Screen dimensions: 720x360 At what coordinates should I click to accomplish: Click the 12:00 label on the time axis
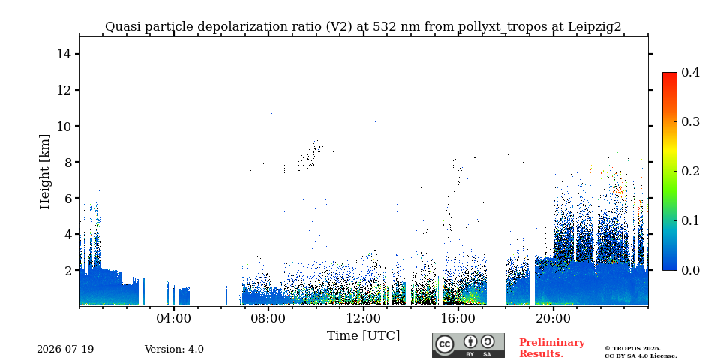363,318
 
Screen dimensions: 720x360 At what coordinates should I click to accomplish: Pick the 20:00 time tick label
553,318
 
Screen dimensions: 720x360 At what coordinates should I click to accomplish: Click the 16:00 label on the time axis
457,318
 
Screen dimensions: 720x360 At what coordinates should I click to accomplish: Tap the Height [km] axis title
44,172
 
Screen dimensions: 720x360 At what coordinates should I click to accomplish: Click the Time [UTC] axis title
363,336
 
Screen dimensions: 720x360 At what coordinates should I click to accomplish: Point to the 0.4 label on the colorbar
690,72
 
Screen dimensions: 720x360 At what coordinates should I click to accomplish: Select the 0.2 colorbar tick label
690,171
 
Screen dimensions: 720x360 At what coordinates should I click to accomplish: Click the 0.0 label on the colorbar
690,270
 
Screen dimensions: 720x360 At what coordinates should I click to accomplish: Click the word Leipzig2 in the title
595,27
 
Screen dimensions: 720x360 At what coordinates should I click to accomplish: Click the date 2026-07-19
65,349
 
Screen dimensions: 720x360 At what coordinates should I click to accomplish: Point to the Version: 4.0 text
174,349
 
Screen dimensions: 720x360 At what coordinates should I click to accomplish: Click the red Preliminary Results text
552,348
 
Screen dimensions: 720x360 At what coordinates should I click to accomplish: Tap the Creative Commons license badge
468,345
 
